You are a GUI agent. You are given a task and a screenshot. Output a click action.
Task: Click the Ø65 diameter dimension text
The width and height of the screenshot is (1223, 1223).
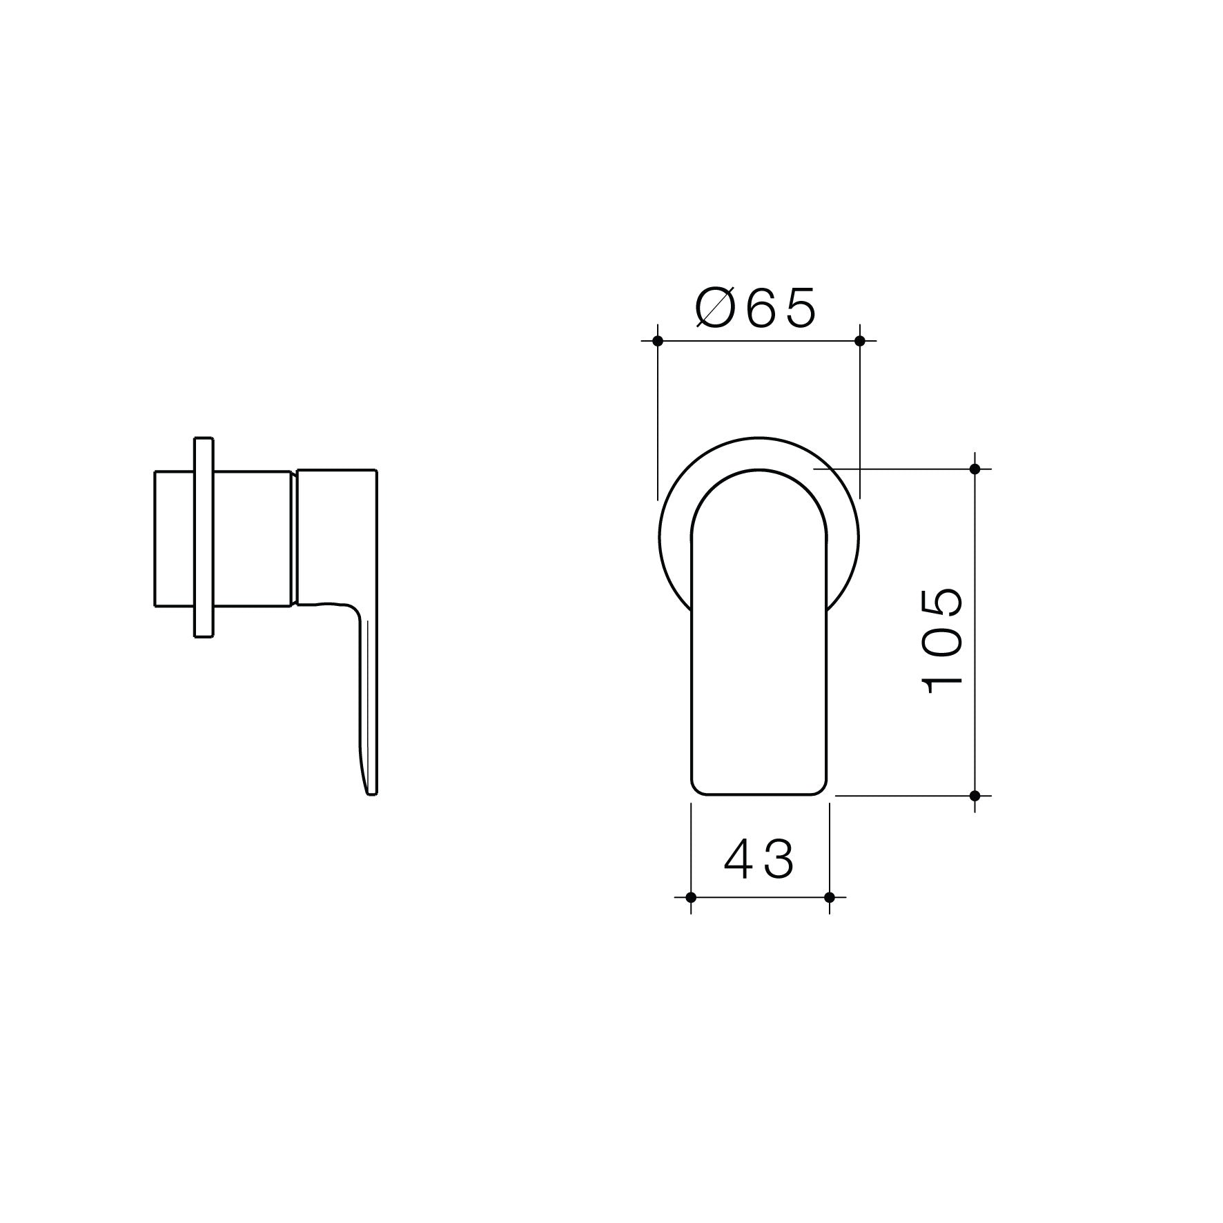coord(756,308)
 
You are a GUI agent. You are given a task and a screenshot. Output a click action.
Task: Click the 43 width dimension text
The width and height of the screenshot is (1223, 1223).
coord(759,860)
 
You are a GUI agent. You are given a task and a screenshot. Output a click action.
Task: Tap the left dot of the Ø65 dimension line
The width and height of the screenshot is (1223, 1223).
coord(657,340)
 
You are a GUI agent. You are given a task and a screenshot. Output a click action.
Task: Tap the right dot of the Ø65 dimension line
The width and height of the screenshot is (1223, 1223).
coord(859,340)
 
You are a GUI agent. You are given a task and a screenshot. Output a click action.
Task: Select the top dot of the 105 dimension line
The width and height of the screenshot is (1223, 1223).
coord(975,469)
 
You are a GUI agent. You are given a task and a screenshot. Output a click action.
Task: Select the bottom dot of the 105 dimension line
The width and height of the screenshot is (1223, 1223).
coord(975,796)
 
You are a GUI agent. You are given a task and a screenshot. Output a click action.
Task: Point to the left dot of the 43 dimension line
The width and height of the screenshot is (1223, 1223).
coord(690,897)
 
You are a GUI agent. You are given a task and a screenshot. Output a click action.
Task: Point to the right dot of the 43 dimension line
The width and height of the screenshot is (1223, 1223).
coord(830,897)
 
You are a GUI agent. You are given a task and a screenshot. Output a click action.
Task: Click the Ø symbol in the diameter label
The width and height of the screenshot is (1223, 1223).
coord(716,308)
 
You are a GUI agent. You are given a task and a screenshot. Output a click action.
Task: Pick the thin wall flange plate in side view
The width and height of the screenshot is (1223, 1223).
coord(204,537)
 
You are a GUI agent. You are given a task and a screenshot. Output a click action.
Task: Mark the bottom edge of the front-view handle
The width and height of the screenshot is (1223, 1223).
coord(759,795)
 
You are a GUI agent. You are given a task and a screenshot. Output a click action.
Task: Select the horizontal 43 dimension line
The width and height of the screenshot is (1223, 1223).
coord(759,897)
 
